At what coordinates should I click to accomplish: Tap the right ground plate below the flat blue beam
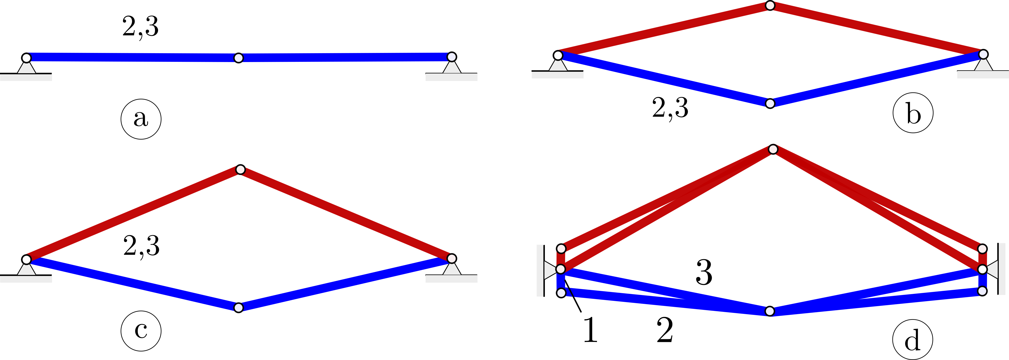tap(451, 77)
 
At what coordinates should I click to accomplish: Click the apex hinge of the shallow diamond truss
tap(770, 5)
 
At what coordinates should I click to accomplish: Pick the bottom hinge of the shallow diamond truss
tap(770, 103)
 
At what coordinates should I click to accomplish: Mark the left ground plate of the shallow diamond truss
tap(557, 75)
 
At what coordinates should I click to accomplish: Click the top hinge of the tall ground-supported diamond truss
tap(240, 170)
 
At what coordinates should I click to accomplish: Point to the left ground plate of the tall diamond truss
tap(26, 279)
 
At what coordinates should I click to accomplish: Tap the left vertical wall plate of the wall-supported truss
tap(540, 270)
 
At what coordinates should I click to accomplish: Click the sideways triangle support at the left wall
tap(550, 269)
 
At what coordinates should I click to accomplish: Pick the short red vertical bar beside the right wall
tap(982, 259)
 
